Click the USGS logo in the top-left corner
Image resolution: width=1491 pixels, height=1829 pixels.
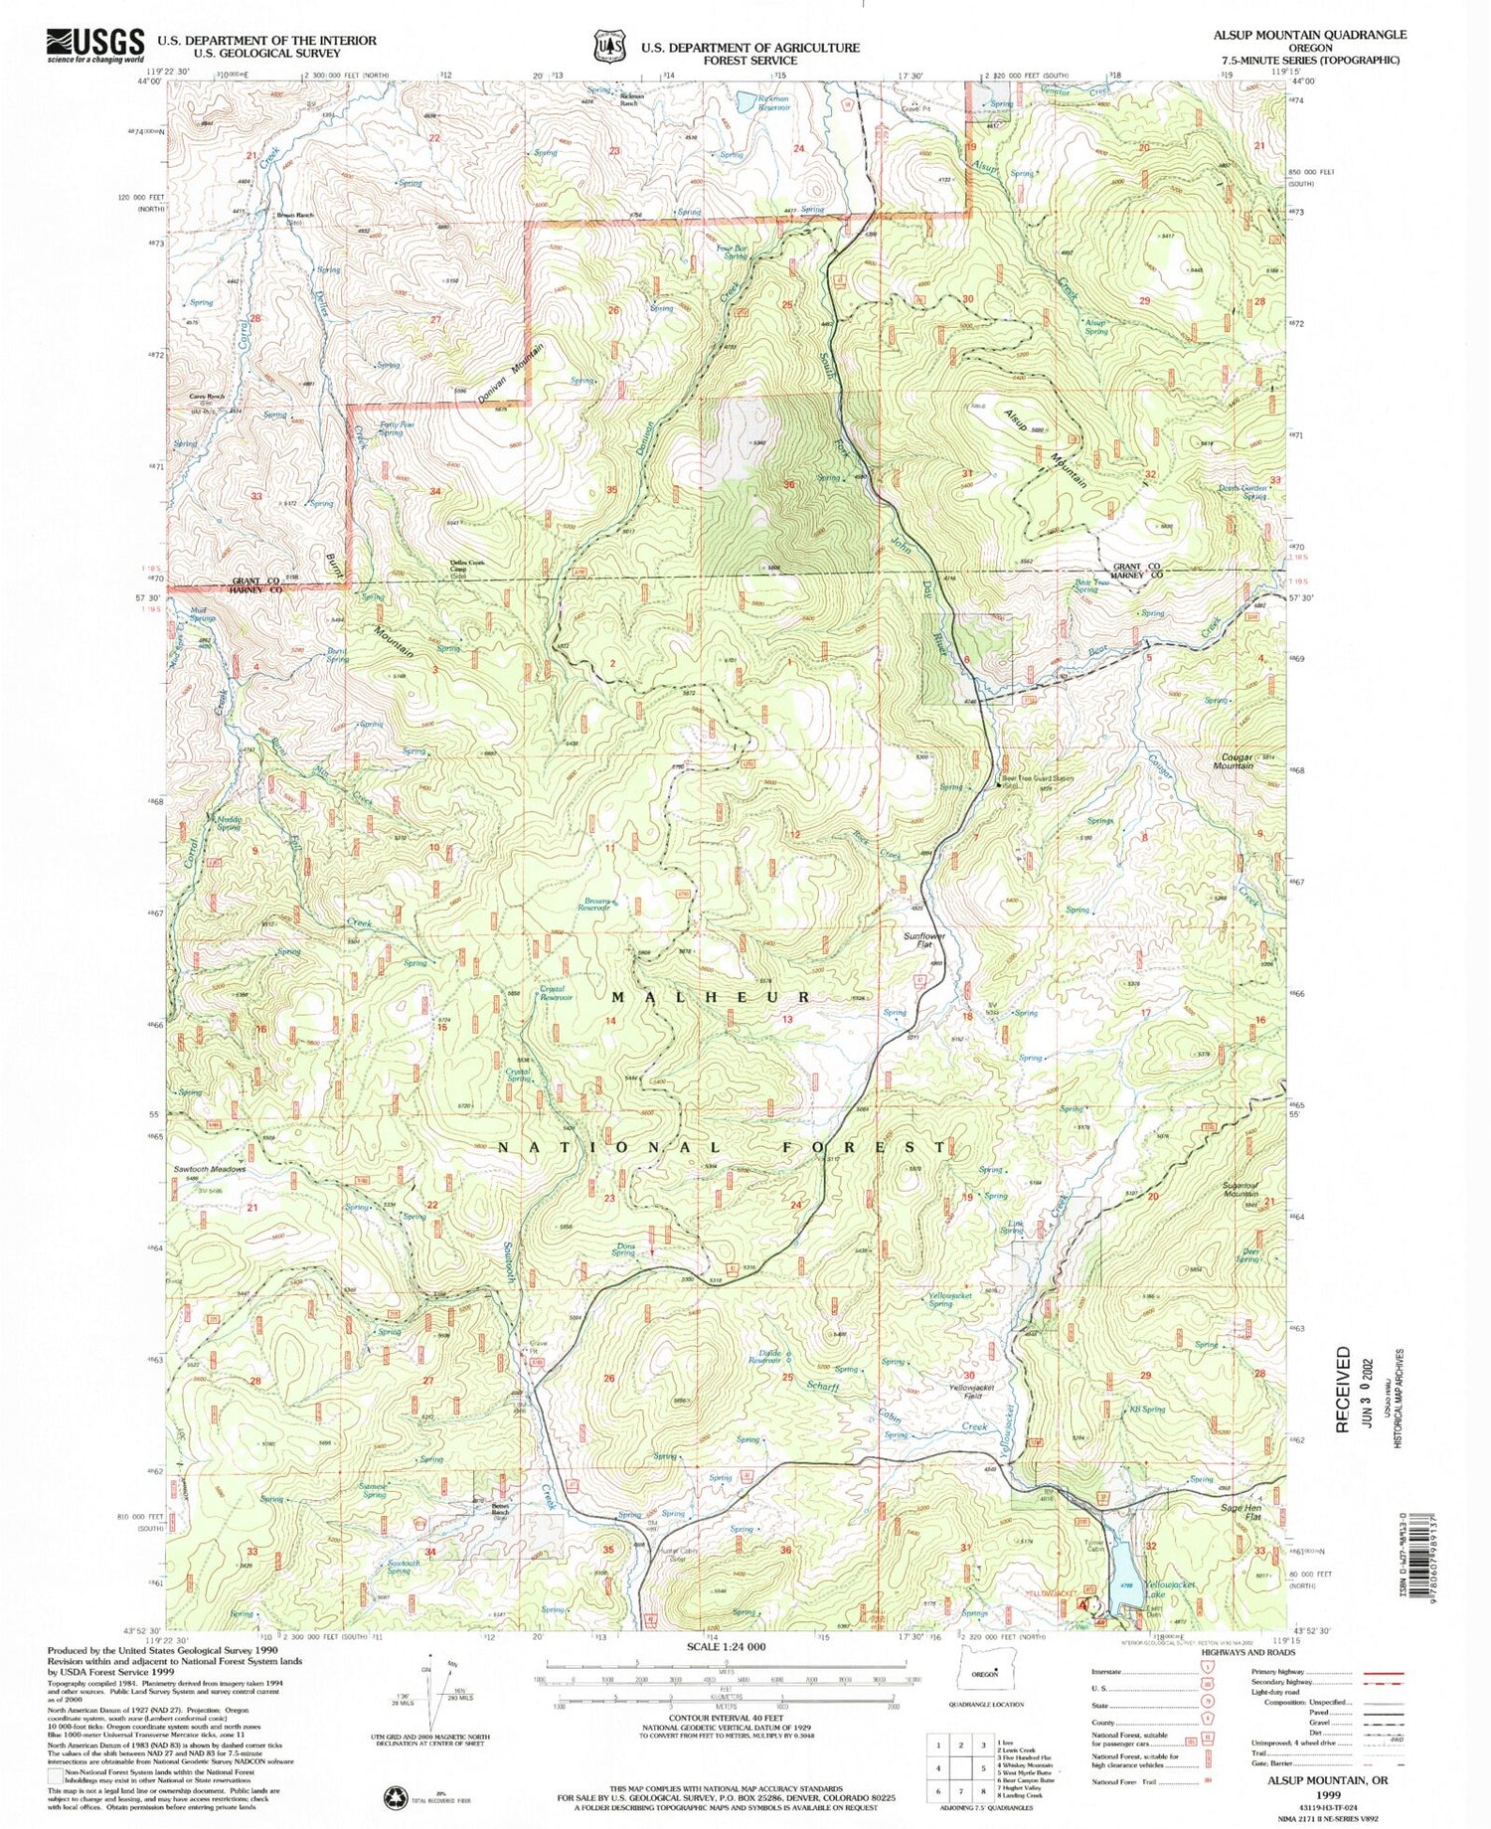click(94, 45)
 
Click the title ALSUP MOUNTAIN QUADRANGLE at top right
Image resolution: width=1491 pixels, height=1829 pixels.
click(1309, 34)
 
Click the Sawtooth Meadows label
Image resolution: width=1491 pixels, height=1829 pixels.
click(209, 1169)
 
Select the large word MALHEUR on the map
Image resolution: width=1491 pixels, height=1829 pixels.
click(711, 997)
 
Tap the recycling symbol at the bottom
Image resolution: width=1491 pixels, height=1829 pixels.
click(395, 1795)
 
